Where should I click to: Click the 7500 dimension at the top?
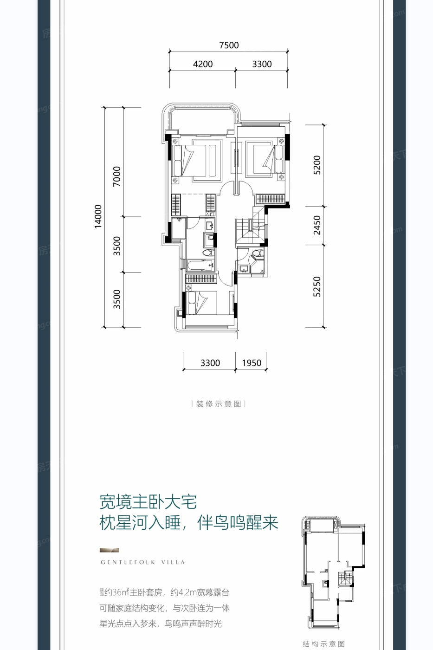[x=229, y=45]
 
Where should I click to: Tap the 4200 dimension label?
[x=203, y=64]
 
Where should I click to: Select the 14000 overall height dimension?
[x=97, y=216]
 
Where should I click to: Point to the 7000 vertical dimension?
[x=117, y=176]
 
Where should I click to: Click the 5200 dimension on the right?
[x=317, y=165]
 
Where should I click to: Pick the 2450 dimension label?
[x=317, y=225]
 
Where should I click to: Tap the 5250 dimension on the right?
[x=317, y=286]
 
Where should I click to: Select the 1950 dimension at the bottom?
[x=252, y=363]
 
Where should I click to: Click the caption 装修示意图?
[x=219, y=404]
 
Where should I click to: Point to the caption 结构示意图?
[x=324, y=644]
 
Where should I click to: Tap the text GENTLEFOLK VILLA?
[x=143, y=562]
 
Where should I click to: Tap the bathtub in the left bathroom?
[x=200, y=266]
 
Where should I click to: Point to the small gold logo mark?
[x=110, y=550]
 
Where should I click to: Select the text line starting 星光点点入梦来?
[x=161, y=624]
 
